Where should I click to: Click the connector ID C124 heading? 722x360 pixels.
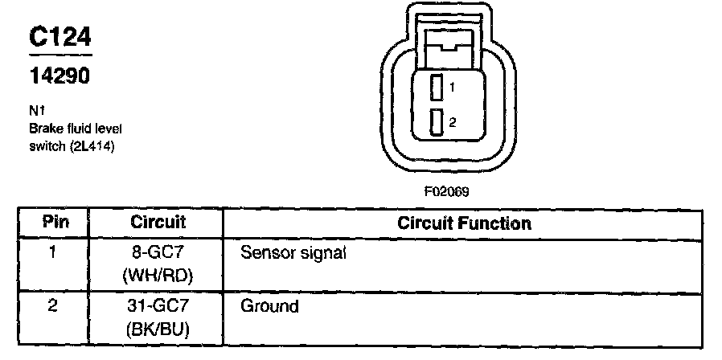(x=60, y=39)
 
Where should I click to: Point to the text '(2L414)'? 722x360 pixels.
(x=101, y=145)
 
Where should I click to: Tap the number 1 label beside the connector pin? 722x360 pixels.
(x=453, y=87)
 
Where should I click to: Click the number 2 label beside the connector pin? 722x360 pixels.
(x=453, y=122)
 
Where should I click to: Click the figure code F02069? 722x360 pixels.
(x=446, y=192)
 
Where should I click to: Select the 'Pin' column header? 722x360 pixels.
(x=55, y=222)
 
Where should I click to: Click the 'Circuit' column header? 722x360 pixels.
(x=158, y=222)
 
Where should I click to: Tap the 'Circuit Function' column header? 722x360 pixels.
(x=464, y=223)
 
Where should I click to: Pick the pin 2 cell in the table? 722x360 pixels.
(x=53, y=306)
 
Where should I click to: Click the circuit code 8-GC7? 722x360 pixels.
(x=158, y=252)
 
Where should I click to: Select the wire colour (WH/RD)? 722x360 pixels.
(x=158, y=276)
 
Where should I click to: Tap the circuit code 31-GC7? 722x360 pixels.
(x=158, y=306)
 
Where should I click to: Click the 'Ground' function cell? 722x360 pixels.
(x=270, y=306)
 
